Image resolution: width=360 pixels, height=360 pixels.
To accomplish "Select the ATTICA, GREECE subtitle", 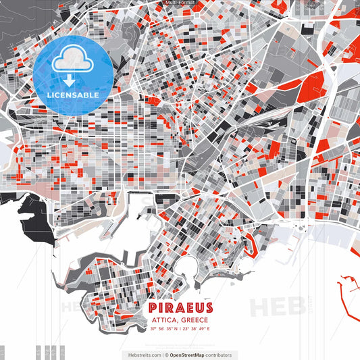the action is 180,319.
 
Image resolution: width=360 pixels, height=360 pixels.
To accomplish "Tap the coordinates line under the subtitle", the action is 180,329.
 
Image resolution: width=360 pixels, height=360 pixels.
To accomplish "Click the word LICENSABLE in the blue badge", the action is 72,95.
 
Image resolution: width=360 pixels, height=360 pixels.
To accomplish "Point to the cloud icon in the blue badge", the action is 72,61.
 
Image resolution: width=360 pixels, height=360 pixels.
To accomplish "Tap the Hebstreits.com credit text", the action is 144,355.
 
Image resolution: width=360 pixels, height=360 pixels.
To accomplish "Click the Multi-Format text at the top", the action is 180,3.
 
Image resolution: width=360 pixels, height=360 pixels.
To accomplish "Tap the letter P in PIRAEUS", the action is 151,308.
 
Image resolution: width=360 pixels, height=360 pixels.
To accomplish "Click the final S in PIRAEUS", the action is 208,308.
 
